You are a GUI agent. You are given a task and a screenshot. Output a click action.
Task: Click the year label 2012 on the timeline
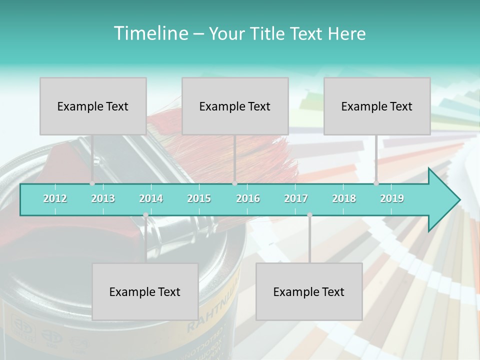55,198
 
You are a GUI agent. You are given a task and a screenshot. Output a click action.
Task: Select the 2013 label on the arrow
103,198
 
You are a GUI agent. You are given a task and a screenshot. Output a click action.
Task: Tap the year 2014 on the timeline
151,198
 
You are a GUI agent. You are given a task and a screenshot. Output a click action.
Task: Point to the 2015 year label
199,198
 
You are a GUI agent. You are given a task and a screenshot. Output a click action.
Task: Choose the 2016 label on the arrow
248,198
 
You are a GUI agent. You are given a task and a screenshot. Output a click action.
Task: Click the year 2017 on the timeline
296,198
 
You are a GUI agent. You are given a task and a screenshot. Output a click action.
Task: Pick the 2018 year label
344,198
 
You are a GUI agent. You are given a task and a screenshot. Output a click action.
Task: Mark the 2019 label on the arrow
392,198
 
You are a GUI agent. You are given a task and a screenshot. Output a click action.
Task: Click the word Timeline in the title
150,33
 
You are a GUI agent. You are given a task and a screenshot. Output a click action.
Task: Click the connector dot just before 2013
92,183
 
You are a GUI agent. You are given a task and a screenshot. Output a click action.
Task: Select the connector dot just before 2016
234,183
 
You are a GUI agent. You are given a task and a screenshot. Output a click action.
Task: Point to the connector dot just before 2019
376,183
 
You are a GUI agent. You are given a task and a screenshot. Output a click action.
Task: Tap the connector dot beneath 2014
145,215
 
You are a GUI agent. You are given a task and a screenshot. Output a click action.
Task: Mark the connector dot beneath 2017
309,215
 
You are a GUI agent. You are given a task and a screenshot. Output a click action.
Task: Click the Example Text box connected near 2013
93,106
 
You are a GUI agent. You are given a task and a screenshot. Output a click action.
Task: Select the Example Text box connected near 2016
235,106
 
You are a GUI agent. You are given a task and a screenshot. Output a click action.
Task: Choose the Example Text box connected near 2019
377,106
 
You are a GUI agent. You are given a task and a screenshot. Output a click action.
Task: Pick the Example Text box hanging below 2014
145,291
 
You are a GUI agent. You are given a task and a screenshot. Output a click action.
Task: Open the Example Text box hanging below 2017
309,291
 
